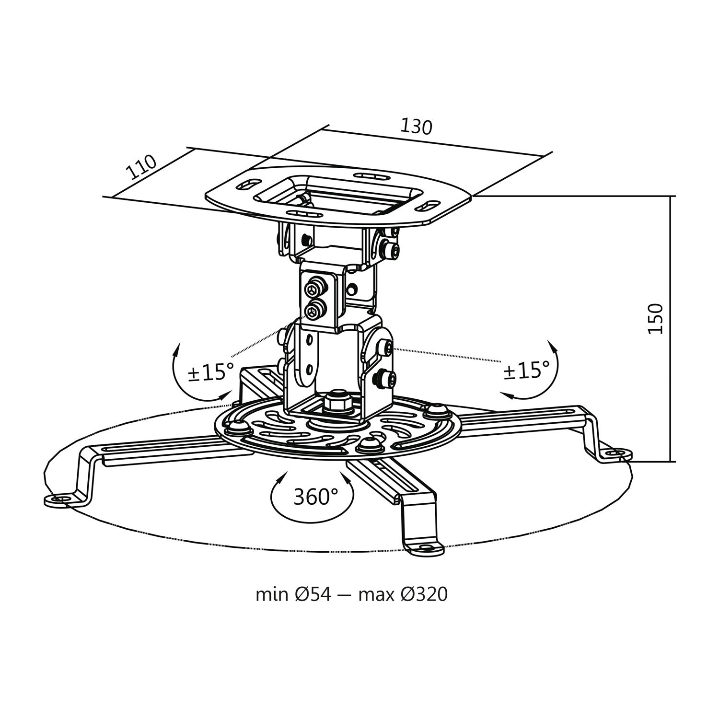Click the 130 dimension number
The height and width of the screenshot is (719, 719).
417,126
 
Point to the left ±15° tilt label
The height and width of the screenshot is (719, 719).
211,372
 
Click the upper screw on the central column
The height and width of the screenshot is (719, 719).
314,289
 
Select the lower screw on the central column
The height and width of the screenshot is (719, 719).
314,311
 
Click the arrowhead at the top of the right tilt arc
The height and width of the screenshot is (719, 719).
551,347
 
